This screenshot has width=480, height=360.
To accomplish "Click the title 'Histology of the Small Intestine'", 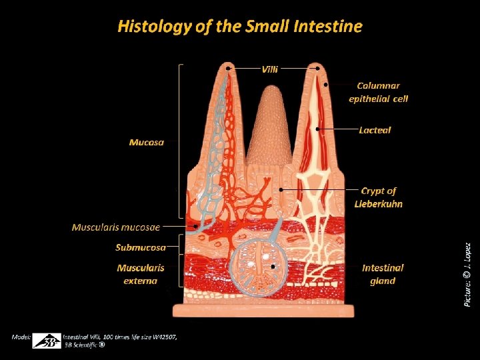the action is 240,27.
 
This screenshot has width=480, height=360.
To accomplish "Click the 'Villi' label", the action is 270,68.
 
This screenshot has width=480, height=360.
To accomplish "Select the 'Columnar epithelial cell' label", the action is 378,92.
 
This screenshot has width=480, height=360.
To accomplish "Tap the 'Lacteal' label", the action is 374,130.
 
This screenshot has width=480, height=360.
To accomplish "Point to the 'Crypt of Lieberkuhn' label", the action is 378,197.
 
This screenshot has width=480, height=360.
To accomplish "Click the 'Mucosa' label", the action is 146,142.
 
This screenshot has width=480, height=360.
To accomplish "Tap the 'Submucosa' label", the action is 140,248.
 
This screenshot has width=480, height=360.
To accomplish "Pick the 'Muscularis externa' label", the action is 140,274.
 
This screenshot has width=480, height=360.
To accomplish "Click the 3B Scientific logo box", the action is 47,340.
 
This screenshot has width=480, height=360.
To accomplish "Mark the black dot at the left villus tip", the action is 229,68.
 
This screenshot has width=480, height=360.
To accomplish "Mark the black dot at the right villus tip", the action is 318,68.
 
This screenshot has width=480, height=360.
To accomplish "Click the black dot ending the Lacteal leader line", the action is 319,129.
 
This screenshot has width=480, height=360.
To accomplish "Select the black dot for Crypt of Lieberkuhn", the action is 283,190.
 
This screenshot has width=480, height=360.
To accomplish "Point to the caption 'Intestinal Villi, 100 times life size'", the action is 120,337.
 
